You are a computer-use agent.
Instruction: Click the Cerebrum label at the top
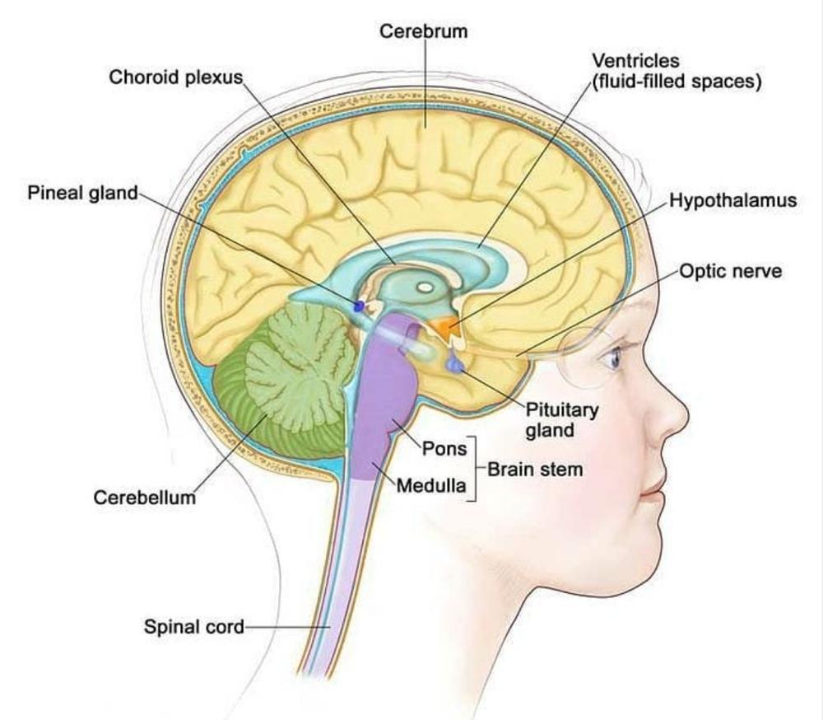click(423, 31)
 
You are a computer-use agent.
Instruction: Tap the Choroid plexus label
click(176, 77)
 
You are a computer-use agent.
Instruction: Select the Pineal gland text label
click(82, 193)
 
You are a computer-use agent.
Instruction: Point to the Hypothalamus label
click(732, 200)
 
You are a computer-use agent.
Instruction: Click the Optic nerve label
click(731, 271)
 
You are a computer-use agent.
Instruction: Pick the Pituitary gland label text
click(562, 420)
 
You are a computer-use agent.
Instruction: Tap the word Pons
click(444, 448)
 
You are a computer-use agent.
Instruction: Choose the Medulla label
click(431, 485)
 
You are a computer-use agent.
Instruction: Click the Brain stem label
click(536, 469)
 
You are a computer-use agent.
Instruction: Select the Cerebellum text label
click(144, 498)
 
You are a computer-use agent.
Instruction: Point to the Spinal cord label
click(193, 626)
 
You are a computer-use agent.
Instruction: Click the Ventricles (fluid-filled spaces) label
click(677, 72)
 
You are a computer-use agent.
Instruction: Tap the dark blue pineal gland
click(360, 306)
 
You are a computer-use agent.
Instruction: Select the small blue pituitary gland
click(454, 363)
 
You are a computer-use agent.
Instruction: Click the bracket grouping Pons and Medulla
click(474, 468)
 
